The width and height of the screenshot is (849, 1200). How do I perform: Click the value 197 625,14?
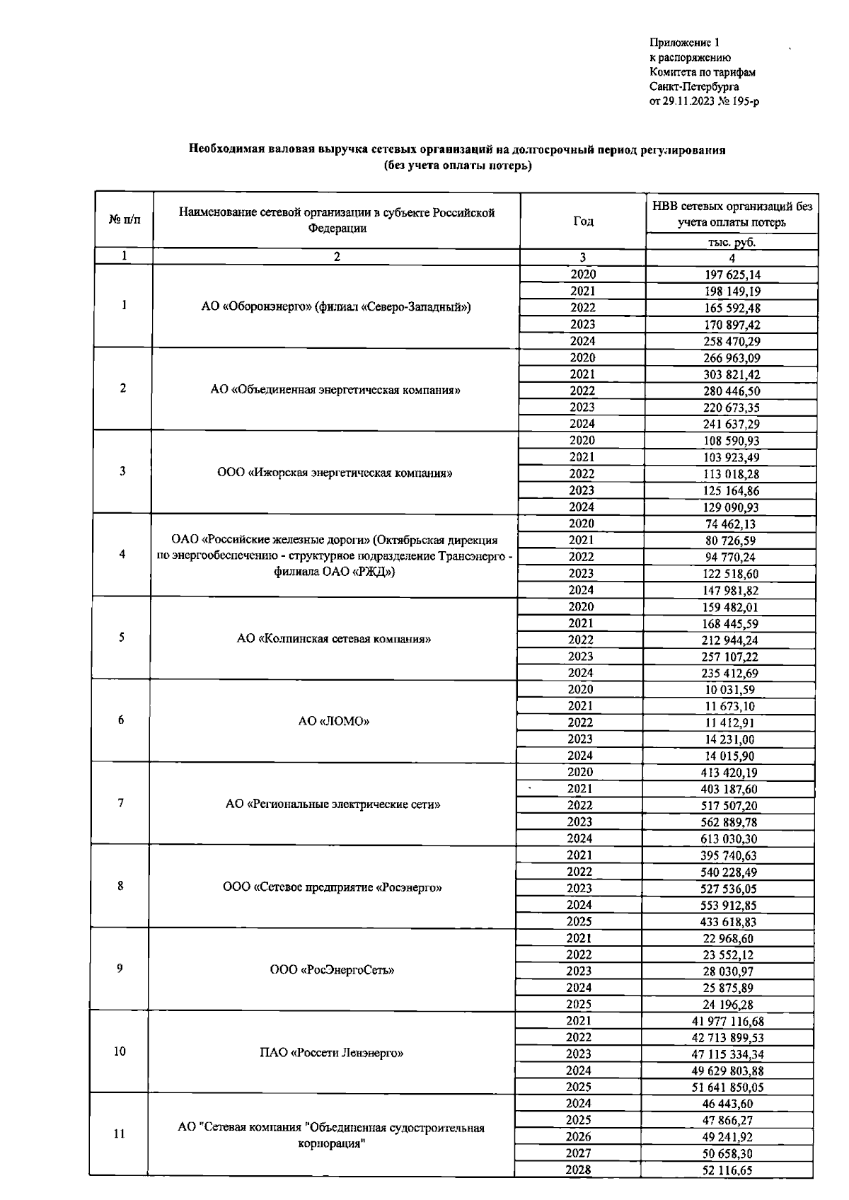click(732, 275)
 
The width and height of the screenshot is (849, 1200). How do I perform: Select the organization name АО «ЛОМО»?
click(334, 722)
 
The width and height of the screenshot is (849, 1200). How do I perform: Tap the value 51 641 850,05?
click(727, 1087)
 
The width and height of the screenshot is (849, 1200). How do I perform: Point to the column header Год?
click(583, 221)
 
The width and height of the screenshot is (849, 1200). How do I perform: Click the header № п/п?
click(125, 220)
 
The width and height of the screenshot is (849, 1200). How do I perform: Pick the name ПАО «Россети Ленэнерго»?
click(331, 1053)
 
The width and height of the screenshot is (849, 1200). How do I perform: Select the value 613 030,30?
click(729, 839)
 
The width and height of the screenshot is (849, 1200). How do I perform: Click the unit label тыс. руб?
click(732, 242)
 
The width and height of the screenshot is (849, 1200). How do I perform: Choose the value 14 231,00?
click(729, 739)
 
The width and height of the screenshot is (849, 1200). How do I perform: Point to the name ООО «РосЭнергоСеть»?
click(332, 970)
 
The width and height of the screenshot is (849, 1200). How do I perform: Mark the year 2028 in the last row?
click(578, 1170)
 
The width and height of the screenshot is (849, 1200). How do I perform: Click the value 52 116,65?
click(727, 1170)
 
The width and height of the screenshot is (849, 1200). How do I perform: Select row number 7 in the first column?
click(121, 803)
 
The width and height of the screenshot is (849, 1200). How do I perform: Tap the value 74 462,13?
click(730, 524)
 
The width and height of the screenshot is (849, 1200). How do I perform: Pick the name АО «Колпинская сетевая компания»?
click(334, 639)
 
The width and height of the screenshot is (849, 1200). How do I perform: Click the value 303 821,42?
click(731, 375)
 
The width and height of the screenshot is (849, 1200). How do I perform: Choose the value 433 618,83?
click(729, 922)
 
